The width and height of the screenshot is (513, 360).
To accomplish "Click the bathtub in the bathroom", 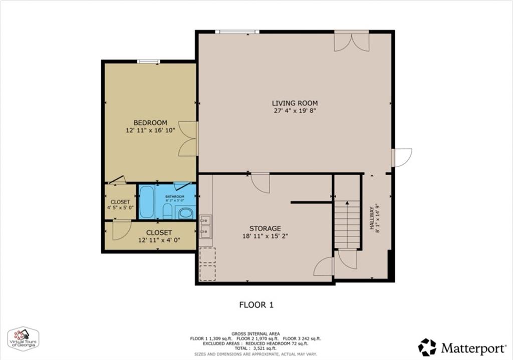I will [x=147, y=202].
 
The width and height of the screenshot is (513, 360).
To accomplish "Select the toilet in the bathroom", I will [x=168, y=211].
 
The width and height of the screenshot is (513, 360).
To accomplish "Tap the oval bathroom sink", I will [x=186, y=213].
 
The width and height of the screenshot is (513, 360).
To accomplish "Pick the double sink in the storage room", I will [x=205, y=225].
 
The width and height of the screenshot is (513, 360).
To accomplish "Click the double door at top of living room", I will [x=352, y=41].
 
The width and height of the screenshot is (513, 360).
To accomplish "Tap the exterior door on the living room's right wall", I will [x=402, y=157].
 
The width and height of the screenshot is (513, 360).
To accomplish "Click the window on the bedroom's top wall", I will [x=149, y=62].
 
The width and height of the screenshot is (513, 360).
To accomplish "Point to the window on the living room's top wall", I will [x=237, y=32].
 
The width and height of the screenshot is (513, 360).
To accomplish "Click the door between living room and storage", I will [x=261, y=183].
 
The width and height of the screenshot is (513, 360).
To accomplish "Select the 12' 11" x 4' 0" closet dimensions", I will [x=159, y=240].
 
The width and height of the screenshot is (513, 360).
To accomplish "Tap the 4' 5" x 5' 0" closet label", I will [x=120, y=205].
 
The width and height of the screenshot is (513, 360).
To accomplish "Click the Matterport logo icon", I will [x=427, y=346].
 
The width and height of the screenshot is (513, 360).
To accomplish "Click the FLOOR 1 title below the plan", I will [x=256, y=304].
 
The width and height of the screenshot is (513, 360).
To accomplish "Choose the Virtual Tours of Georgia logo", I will [x=23, y=339].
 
